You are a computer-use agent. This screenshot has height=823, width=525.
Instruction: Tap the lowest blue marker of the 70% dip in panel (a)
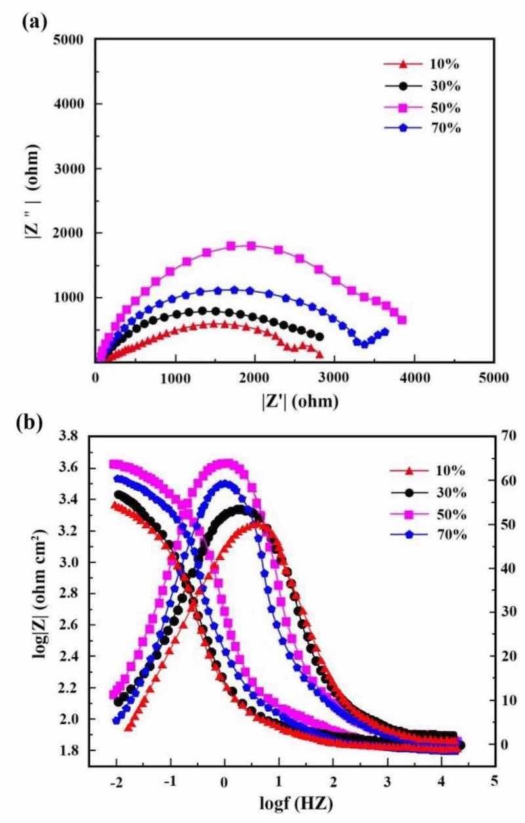click(x=365, y=344)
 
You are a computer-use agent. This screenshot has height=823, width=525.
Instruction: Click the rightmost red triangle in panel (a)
click(x=320, y=354)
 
